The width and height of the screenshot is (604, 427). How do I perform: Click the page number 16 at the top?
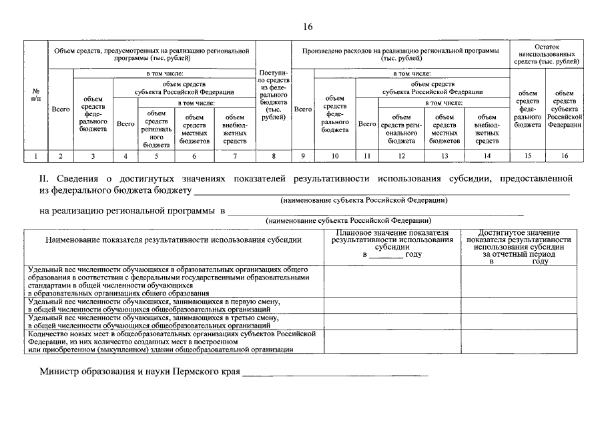tap(307, 27)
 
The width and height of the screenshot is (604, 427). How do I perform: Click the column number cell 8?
tap(274, 156)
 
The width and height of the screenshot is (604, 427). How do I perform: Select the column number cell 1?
tap(35, 156)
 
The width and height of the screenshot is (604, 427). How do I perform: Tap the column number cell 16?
tap(565, 156)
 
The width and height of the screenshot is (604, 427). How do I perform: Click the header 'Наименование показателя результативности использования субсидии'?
tap(174, 240)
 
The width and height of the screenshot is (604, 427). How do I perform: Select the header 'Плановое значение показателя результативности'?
tap(392, 244)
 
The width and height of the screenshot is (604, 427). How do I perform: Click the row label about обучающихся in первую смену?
tap(154, 306)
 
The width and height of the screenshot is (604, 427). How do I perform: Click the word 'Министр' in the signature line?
tap(61, 370)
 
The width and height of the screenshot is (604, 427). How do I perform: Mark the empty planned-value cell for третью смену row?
tap(392, 322)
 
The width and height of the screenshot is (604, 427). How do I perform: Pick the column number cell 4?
tap(125, 156)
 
